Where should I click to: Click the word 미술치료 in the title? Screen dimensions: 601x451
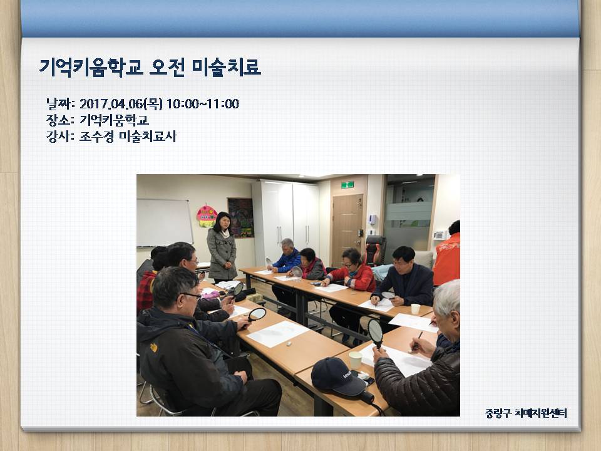pyautogui.click(x=226, y=68)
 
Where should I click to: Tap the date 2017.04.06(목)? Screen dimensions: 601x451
pyautogui.click(x=121, y=103)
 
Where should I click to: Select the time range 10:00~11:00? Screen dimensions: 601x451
pyautogui.click(x=203, y=103)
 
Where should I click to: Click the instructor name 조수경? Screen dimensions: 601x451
pyautogui.click(x=96, y=137)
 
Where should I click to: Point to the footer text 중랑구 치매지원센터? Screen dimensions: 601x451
pyautogui.click(x=526, y=413)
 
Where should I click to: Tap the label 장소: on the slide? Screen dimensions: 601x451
pyautogui.click(x=60, y=120)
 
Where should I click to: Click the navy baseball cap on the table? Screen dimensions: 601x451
pyautogui.click(x=337, y=376)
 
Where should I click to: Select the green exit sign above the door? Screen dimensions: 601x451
pyautogui.click(x=347, y=185)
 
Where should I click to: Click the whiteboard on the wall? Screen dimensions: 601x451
pyautogui.click(x=165, y=222)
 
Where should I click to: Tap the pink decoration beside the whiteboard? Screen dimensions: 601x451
pyautogui.click(x=207, y=216)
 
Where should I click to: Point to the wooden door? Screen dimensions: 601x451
pyautogui.click(x=347, y=229)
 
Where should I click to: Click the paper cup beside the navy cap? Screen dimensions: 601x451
pyautogui.click(x=356, y=360)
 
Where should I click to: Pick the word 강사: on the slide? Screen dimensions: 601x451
pyautogui.click(x=60, y=137)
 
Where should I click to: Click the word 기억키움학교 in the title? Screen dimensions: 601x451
pyautogui.click(x=91, y=68)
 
